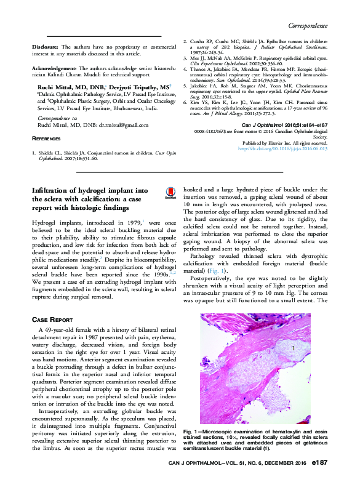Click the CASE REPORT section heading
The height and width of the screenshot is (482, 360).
(x=52, y=320)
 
